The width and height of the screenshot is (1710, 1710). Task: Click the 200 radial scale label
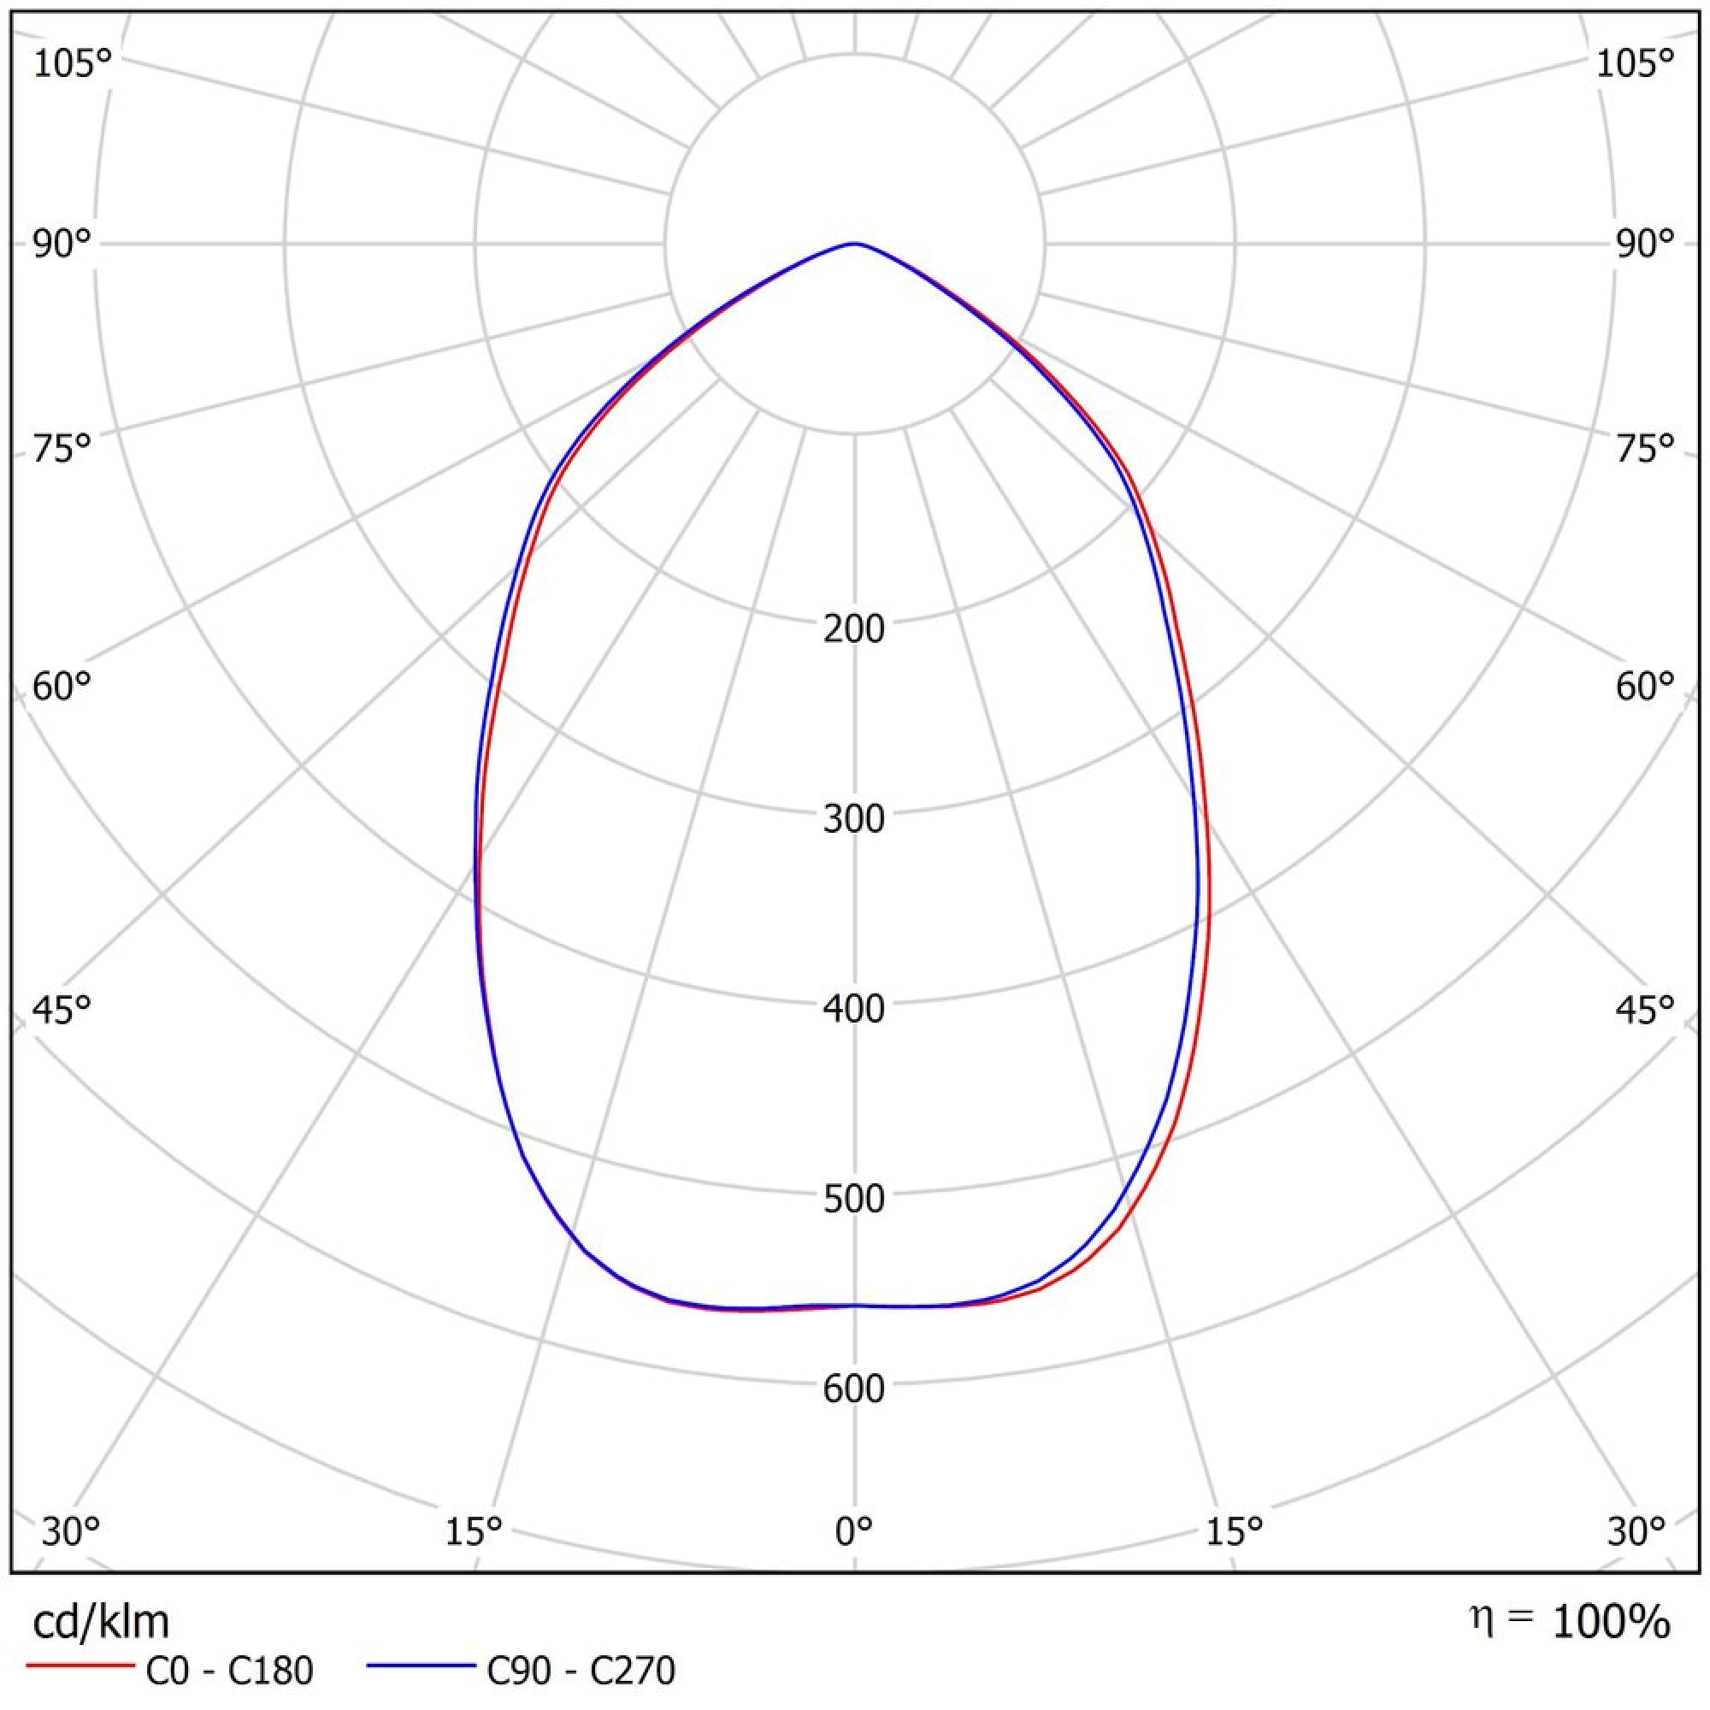pyautogui.click(x=853, y=629)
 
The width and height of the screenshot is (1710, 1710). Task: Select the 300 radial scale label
pyautogui.click(x=853, y=819)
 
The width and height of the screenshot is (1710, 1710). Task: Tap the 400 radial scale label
pyautogui.click(x=853, y=1009)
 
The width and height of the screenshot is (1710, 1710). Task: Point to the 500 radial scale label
pyautogui.click(x=853, y=1199)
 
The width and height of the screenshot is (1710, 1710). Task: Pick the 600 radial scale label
pyautogui.click(x=853, y=1389)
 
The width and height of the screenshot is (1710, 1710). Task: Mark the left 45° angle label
pyautogui.click(x=62, y=1009)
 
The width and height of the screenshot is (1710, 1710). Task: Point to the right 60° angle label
pyautogui.click(x=1644, y=686)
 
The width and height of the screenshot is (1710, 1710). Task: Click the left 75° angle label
pyautogui.click(x=62, y=450)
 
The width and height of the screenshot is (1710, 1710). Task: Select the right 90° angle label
pyautogui.click(x=1644, y=245)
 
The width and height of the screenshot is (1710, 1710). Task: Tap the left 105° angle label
pyautogui.click(x=73, y=64)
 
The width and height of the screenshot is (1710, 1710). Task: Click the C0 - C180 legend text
pyautogui.click(x=228, y=1671)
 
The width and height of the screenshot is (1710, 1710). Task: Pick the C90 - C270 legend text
pyautogui.click(x=581, y=1671)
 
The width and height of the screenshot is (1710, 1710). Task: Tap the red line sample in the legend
pyautogui.click(x=80, y=1666)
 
